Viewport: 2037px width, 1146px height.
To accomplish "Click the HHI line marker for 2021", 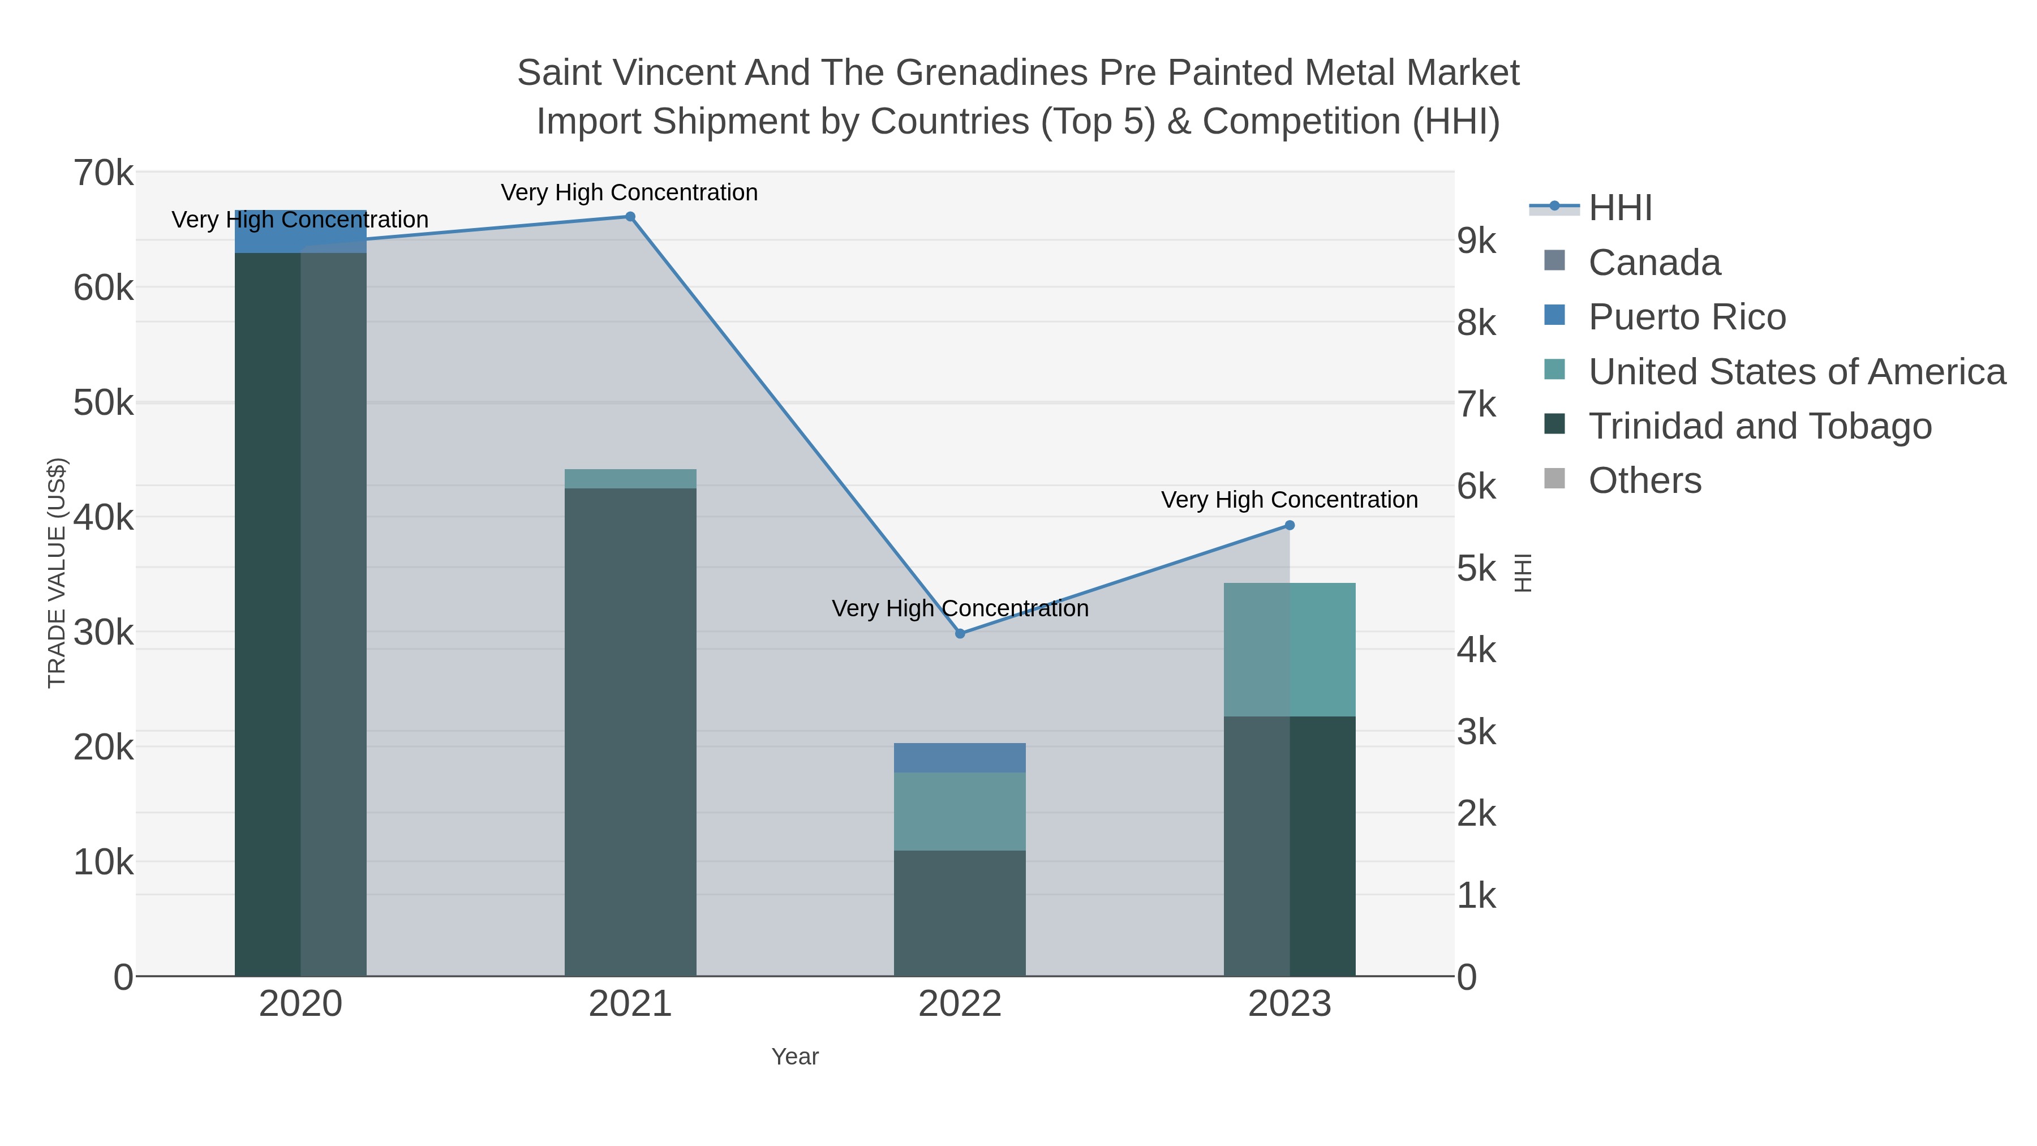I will [630, 217].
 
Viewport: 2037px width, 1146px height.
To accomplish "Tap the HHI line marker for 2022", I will [960, 633].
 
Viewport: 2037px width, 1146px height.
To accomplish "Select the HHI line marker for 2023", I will [1290, 525].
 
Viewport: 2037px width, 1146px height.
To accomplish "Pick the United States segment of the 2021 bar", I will [630, 478].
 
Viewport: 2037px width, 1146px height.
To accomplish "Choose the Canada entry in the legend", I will [1654, 263].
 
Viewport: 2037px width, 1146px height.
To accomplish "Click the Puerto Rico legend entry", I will [1687, 317].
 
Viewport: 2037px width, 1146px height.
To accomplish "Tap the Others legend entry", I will [1645, 481].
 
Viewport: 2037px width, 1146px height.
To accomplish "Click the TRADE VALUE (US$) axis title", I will [57, 573].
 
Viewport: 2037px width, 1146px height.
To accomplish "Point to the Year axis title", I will [795, 1057].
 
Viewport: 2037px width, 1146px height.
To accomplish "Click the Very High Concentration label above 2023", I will [1289, 500].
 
